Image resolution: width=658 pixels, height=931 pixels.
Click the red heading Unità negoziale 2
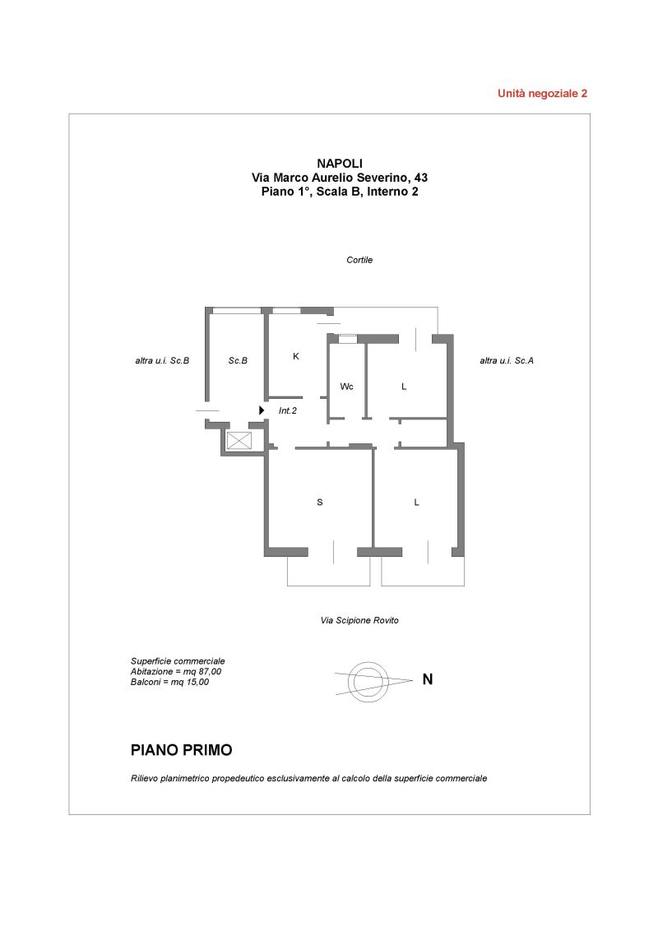(x=542, y=93)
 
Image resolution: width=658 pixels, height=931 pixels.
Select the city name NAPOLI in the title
(x=340, y=164)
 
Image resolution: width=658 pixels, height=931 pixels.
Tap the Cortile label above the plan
(x=359, y=260)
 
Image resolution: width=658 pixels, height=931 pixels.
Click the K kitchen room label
(x=296, y=356)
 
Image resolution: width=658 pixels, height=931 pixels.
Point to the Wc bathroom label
(x=347, y=387)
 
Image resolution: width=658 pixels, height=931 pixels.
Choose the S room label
(x=319, y=503)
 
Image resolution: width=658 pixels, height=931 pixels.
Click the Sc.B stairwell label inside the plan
(x=238, y=360)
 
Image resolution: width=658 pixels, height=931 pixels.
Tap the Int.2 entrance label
(x=287, y=410)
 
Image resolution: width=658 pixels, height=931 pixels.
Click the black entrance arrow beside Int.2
(x=262, y=410)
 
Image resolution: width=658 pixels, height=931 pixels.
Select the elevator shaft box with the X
(x=239, y=441)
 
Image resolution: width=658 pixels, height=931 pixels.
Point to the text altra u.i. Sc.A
(x=507, y=360)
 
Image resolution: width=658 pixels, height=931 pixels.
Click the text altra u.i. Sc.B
(x=162, y=360)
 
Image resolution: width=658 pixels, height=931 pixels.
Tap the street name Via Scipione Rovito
(x=359, y=620)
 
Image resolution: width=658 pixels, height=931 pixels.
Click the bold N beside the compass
(x=428, y=679)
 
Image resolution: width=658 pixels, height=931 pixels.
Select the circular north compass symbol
(x=368, y=681)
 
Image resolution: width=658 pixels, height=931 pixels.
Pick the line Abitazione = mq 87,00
(x=176, y=672)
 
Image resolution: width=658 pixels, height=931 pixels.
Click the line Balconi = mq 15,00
(x=169, y=683)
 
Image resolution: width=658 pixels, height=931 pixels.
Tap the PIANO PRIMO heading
(x=181, y=750)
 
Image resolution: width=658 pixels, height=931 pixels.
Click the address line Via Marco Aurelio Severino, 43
(x=340, y=178)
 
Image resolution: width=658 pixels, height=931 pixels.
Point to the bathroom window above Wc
(x=347, y=339)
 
